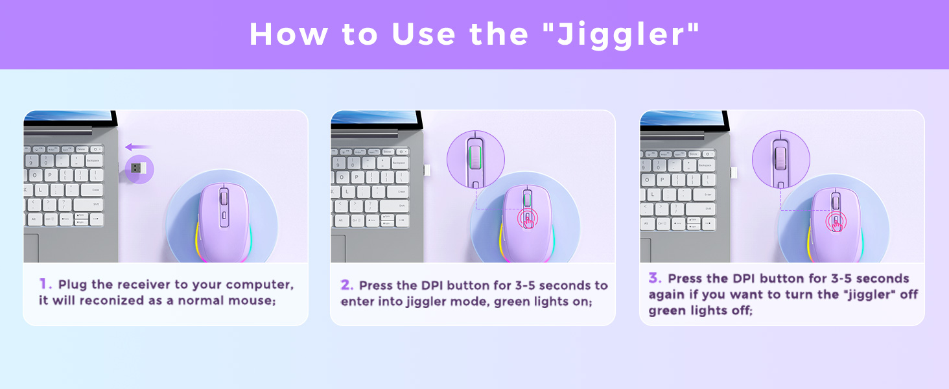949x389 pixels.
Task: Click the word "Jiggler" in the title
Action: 625,34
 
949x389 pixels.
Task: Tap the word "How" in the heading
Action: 283,34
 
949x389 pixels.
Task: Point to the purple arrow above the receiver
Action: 137,147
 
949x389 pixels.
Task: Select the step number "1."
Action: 45,284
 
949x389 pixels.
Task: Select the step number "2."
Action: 347,285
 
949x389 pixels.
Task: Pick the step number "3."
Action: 655,278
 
